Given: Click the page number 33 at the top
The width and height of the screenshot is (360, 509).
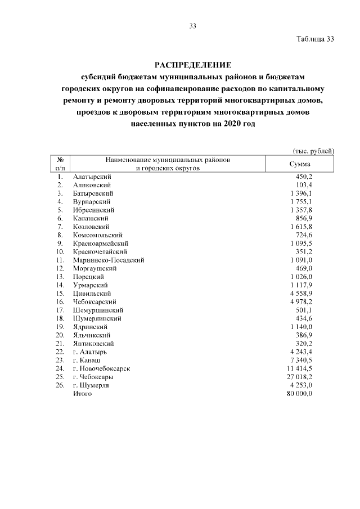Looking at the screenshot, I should pos(192,26).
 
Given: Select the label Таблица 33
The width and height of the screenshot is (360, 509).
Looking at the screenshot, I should pos(315,39).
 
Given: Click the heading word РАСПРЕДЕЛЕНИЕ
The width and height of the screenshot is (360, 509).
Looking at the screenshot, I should pos(193,64).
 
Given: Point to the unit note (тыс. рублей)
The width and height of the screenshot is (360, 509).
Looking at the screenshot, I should pos(313,151).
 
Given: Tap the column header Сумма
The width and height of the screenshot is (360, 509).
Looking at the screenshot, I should pos(300,164).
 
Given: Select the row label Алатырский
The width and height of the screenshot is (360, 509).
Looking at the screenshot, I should pos(93,177).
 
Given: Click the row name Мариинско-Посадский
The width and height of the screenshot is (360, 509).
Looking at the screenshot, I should pos(109,260).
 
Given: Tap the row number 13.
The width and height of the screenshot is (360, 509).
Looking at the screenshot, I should pos(60,277).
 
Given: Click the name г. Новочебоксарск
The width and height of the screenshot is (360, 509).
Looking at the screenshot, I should pos(102,368).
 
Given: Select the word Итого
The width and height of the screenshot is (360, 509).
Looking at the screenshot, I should pos(82,394).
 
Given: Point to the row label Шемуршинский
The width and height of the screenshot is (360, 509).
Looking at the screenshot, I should pos(98,310).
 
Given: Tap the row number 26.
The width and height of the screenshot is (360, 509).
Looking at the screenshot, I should pos(60,385).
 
